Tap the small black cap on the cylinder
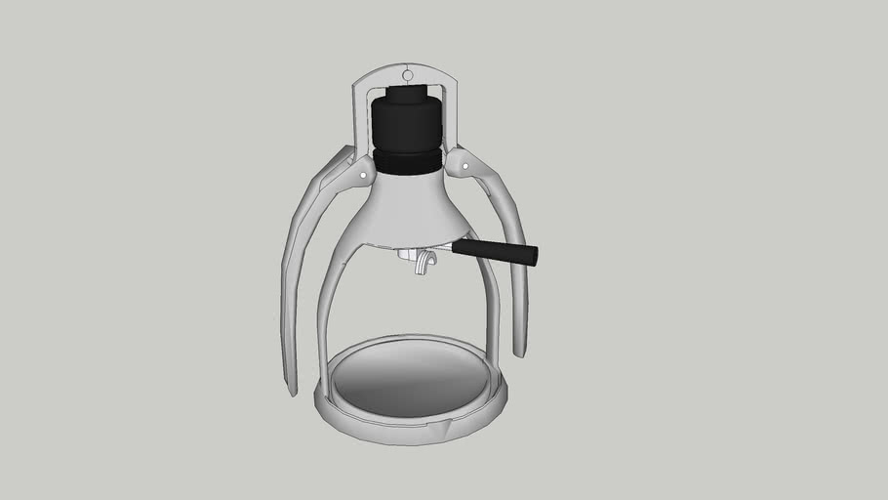coord(405,95)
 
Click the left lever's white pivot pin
coord(364,175)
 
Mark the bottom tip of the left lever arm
coord(291,390)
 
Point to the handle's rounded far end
coord(534,257)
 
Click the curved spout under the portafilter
coord(422,265)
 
